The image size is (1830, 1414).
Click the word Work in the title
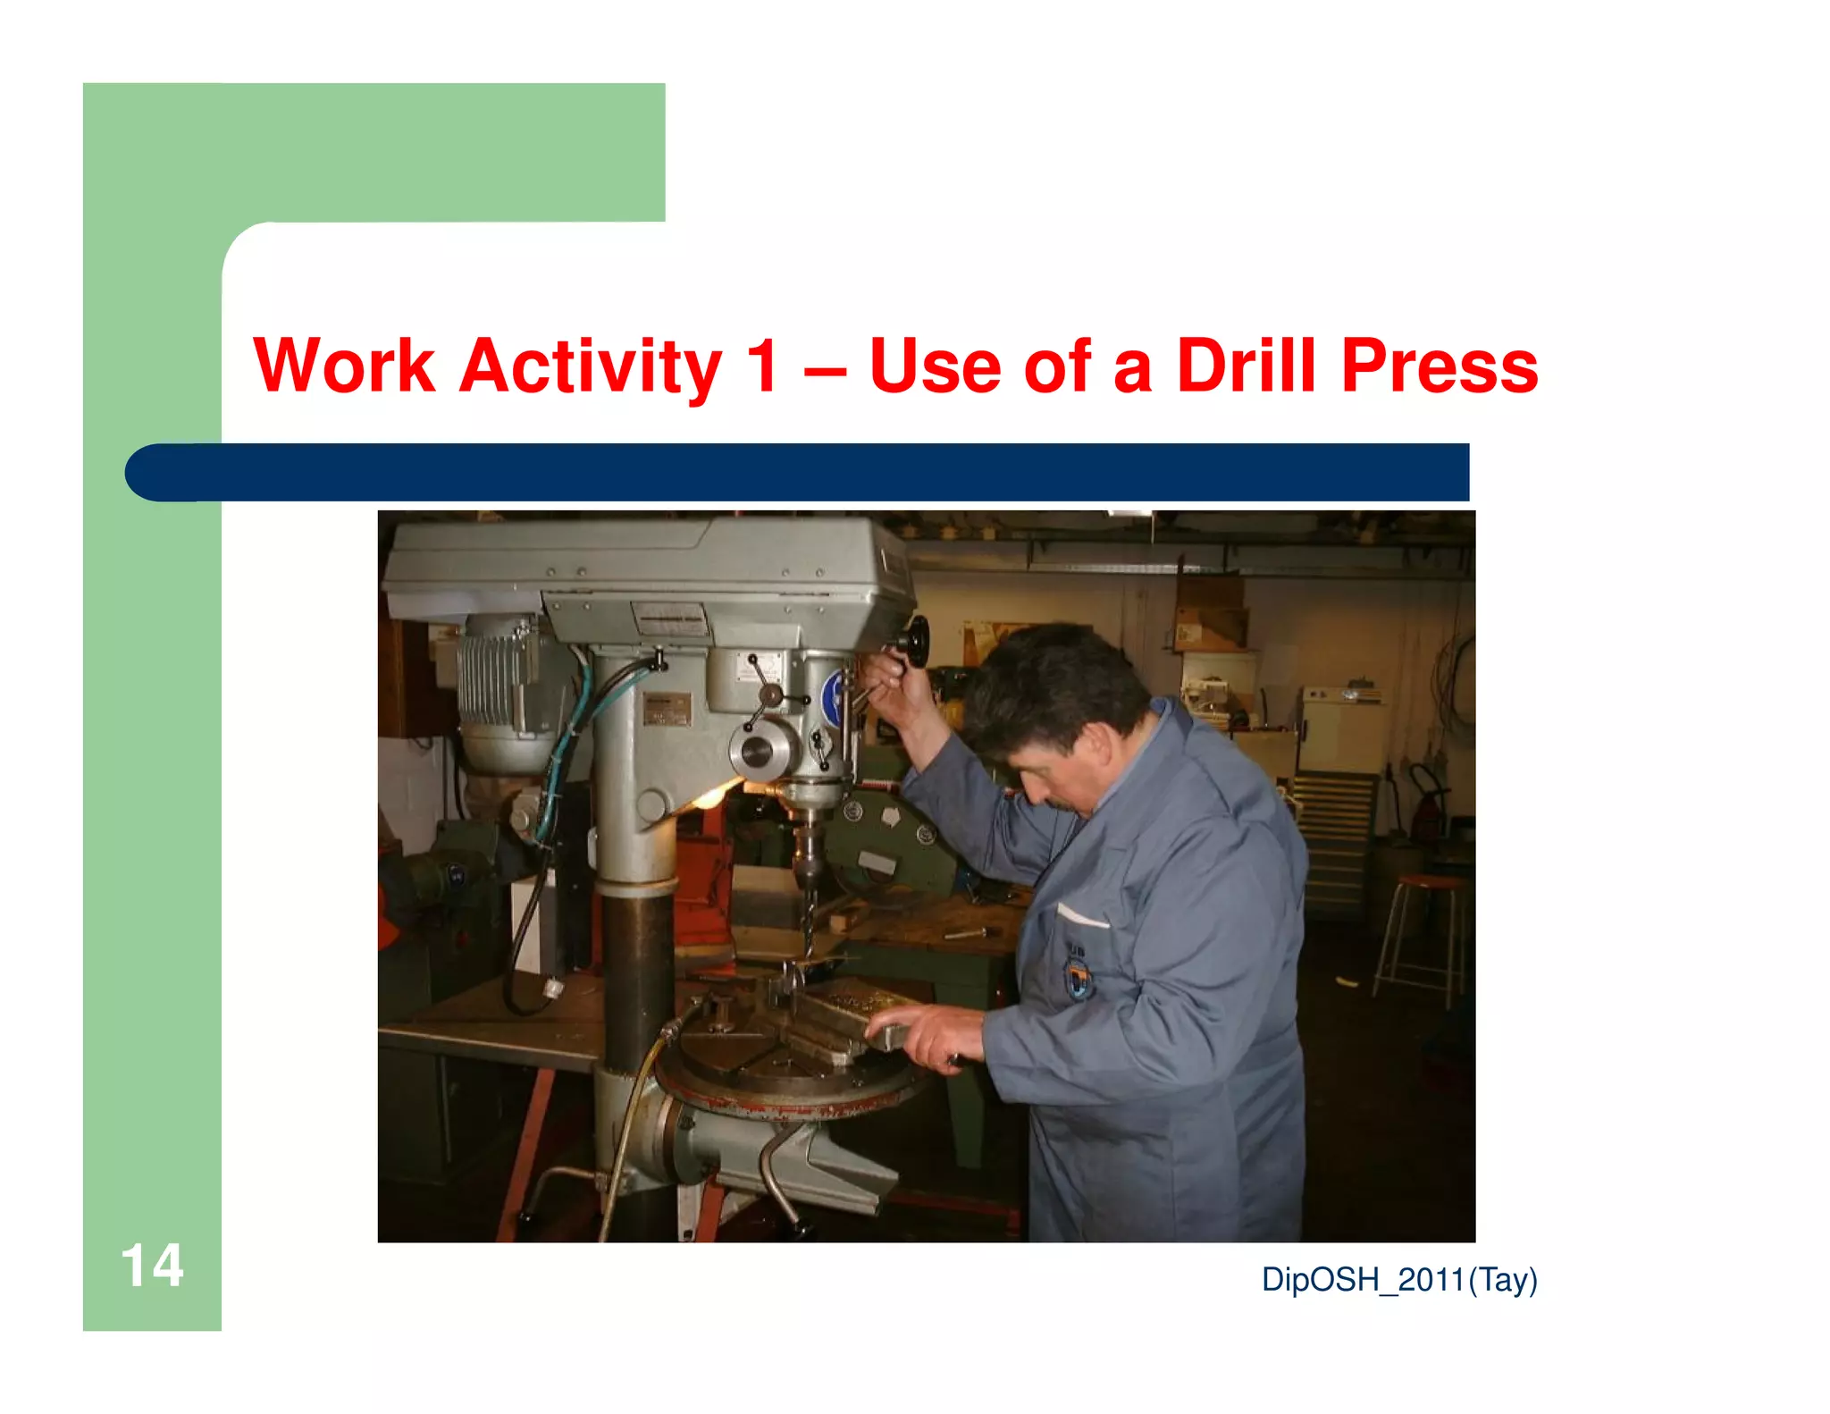(x=344, y=366)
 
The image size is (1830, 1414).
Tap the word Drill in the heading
(x=1246, y=366)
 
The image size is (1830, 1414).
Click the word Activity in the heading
(x=590, y=366)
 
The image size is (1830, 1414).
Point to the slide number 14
(x=152, y=1266)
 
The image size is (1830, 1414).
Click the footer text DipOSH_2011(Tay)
(x=1398, y=1280)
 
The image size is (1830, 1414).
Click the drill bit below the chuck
(x=808, y=921)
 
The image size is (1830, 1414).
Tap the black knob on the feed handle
(x=914, y=638)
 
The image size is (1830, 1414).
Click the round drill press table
(x=786, y=1073)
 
